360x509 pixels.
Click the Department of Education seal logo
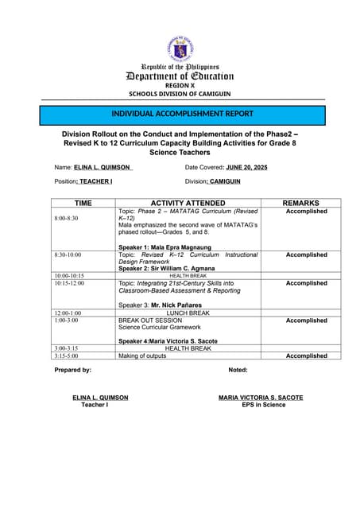coord(180,49)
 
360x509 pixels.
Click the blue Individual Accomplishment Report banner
coord(182,114)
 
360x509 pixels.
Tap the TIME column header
coord(83,204)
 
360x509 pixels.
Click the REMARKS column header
coord(306,204)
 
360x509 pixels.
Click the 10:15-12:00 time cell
coord(70,283)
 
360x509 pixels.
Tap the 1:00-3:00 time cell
coord(67,321)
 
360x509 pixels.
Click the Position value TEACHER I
coord(95,182)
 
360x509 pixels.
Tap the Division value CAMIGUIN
coord(225,182)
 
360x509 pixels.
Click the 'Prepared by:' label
coord(72,370)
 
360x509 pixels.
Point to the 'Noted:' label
coord(238,370)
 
